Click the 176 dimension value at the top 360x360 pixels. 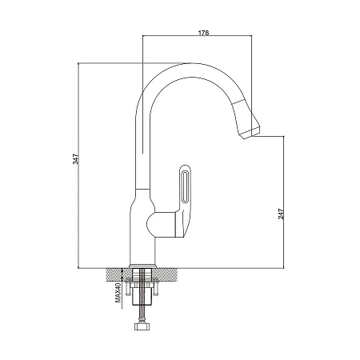click(x=203, y=33)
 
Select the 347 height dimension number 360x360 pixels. click(x=76, y=159)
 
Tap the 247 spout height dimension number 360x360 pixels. click(x=281, y=214)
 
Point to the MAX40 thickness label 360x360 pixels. click(x=118, y=293)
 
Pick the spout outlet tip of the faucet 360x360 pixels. click(x=250, y=133)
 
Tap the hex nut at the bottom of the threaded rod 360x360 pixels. click(x=142, y=326)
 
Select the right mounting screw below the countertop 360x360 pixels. click(x=156, y=289)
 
